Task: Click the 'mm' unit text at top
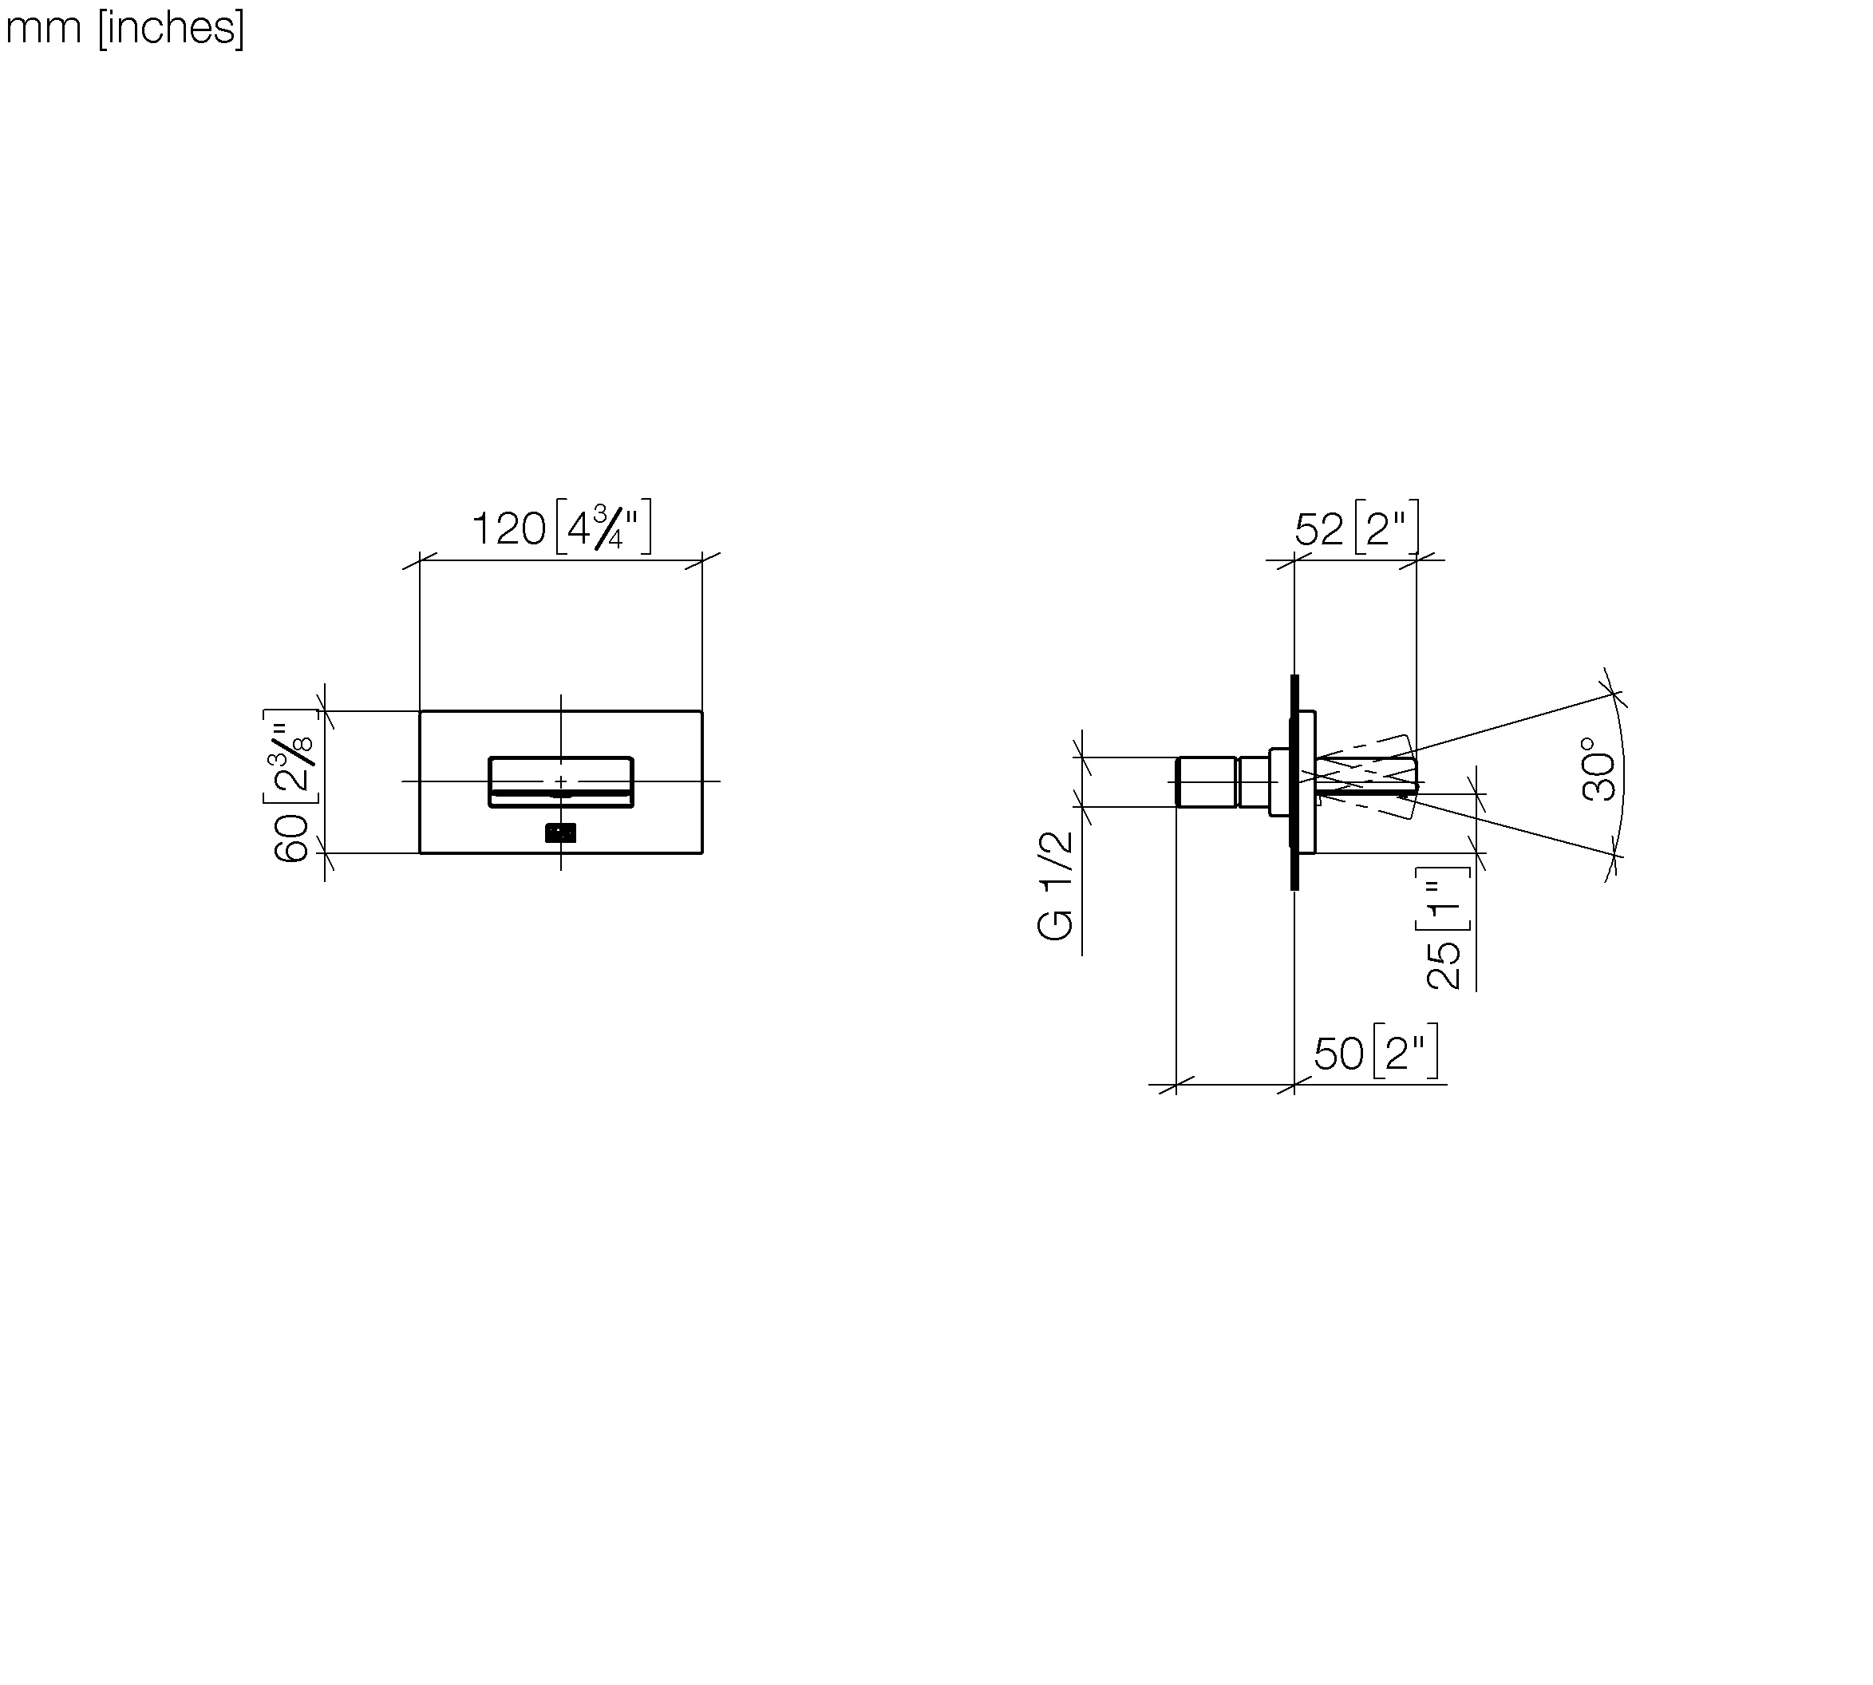click(44, 29)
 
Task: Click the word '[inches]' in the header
click(172, 28)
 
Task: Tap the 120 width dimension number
click(508, 529)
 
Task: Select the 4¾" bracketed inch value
click(603, 527)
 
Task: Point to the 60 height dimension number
click(291, 839)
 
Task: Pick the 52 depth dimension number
click(1318, 529)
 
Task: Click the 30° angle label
click(1600, 769)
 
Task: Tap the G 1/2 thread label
click(1056, 885)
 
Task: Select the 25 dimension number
click(1444, 966)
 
